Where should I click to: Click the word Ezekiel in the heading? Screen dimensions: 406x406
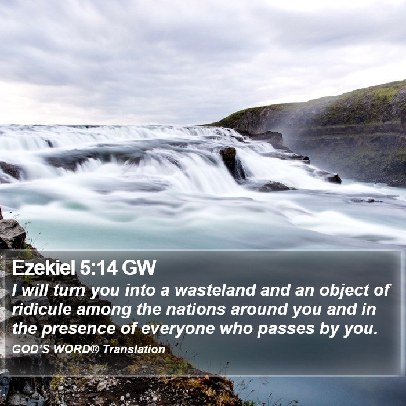point(43,267)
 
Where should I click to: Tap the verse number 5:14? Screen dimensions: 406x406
point(99,267)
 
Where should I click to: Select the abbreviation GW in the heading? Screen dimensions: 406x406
point(139,267)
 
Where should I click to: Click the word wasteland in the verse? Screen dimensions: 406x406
point(215,290)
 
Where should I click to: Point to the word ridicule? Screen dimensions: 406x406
point(42,309)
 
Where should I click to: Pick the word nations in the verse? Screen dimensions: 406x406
point(196,309)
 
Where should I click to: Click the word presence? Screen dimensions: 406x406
point(78,329)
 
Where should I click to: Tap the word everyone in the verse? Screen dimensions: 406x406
point(178,329)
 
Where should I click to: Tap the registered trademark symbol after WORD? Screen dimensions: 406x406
point(95,349)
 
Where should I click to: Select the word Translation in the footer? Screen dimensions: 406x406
point(134,349)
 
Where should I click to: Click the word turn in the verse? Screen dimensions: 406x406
point(69,290)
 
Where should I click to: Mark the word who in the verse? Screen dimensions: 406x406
point(236,328)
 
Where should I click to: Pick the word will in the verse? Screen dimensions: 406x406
point(35,290)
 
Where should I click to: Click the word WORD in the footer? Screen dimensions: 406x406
point(72,349)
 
